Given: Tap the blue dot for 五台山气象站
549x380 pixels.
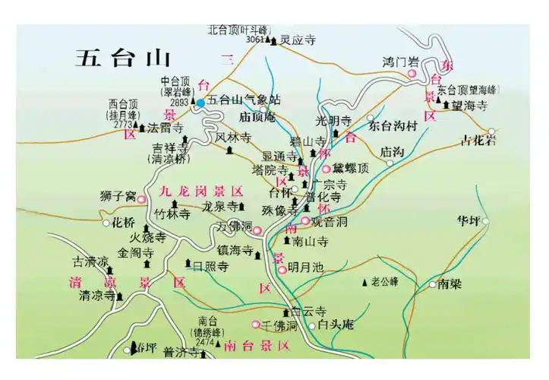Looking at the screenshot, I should pyautogui.click(x=200, y=101).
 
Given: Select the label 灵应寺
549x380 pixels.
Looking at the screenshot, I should pyautogui.click(x=298, y=39).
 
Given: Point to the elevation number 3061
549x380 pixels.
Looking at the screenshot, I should pyautogui.click(x=255, y=39).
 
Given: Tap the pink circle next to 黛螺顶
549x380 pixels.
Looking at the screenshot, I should pyautogui.click(x=327, y=169).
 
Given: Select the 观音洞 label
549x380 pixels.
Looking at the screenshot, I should pyautogui.click(x=330, y=221).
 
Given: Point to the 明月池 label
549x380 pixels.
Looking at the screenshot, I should pyautogui.click(x=306, y=268).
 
